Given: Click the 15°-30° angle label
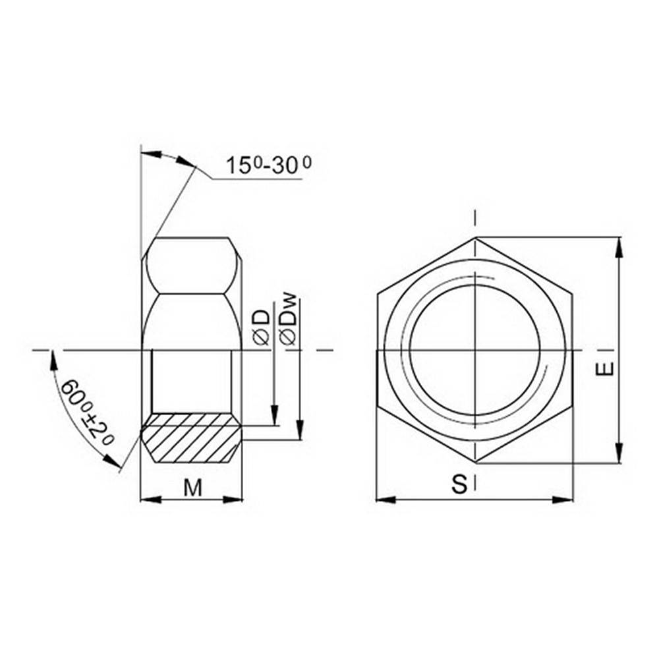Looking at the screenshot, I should tap(268, 165).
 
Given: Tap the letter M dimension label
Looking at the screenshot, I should tap(192, 488).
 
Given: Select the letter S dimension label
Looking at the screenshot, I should tap(459, 485).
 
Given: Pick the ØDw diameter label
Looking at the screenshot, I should tap(289, 320).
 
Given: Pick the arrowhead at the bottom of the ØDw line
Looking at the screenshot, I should tap(300, 432).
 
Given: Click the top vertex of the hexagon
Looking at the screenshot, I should tap(474, 237).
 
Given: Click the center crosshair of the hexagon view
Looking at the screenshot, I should tap(474, 349).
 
